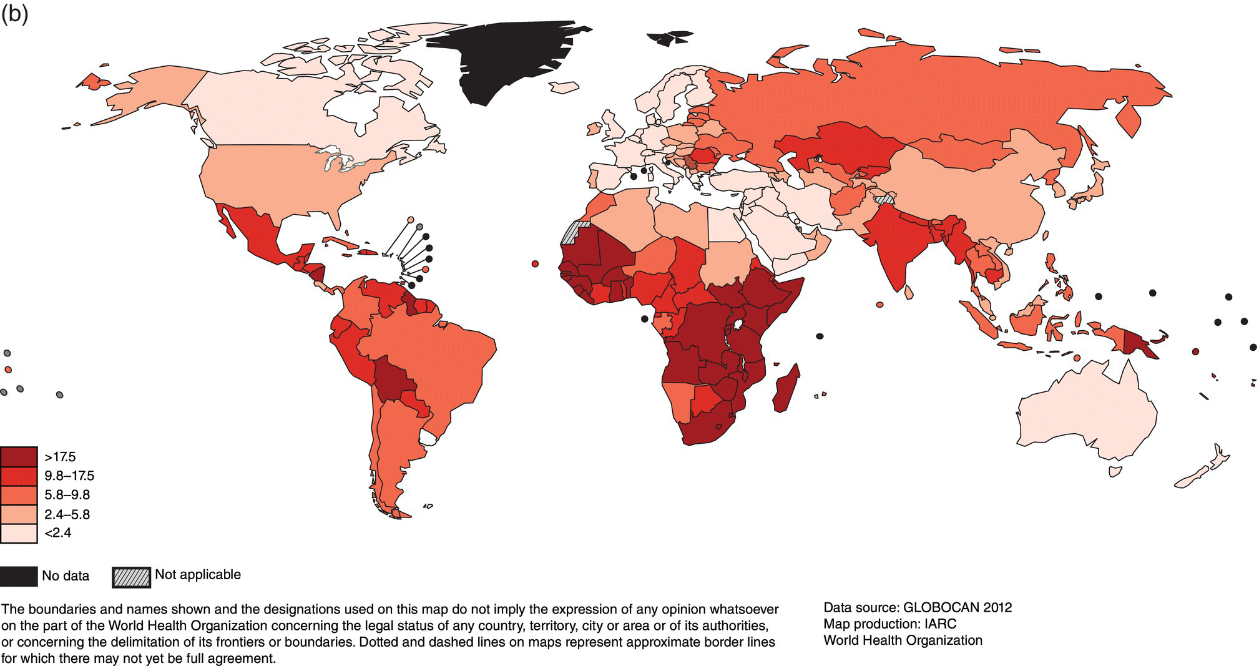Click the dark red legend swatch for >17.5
[19, 457]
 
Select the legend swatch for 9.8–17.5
[19, 476]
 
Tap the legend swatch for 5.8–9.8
[19, 495]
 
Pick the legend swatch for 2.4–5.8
[19, 514]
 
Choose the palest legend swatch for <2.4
[19, 533]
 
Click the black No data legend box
[18, 576]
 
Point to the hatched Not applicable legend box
[131, 576]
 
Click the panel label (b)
[14, 14]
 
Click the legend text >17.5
[60, 457]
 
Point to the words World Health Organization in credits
[903, 640]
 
